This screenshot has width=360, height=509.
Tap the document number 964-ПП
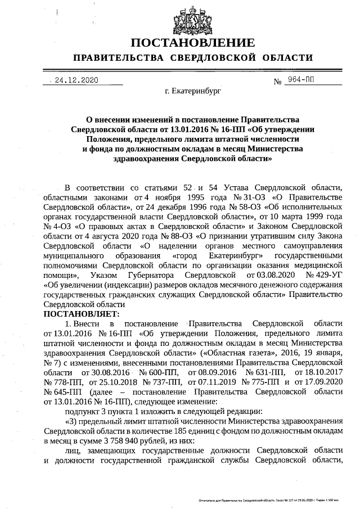click(x=303, y=80)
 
